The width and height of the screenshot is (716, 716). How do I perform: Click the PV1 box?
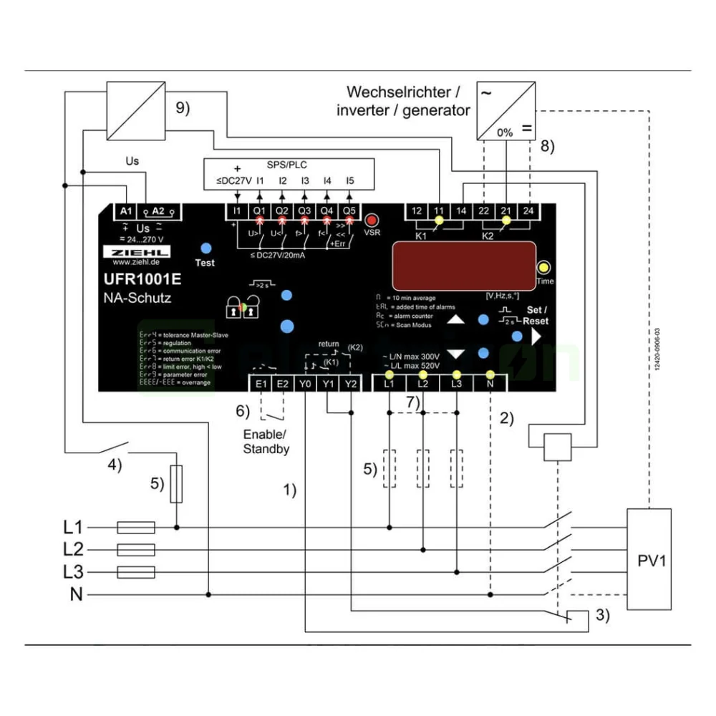pyautogui.click(x=649, y=559)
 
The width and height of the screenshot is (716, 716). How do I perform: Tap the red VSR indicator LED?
pyautogui.click(x=372, y=220)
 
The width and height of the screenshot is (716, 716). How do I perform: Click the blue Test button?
pyautogui.click(x=205, y=248)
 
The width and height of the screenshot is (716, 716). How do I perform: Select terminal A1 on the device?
pyautogui.click(x=126, y=211)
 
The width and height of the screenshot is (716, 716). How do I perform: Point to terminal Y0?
pyautogui.click(x=306, y=383)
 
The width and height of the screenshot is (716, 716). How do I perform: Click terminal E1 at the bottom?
pyautogui.click(x=261, y=383)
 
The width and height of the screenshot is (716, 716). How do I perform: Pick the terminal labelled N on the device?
pyautogui.click(x=490, y=383)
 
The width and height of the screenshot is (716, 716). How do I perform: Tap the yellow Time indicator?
pyautogui.click(x=544, y=267)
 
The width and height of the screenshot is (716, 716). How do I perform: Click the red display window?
pyautogui.click(x=463, y=264)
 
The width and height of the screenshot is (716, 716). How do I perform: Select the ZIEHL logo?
pyautogui.click(x=135, y=253)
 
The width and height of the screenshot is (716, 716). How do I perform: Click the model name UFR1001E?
pyautogui.click(x=139, y=281)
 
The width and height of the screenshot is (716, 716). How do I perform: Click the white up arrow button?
pyautogui.click(x=456, y=319)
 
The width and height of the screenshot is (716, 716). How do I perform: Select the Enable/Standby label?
pyautogui.click(x=266, y=442)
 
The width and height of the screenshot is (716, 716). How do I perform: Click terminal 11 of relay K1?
pyautogui.click(x=439, y=211)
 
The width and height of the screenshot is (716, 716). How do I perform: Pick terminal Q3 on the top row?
pyautogui.click(x=304, y=211)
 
